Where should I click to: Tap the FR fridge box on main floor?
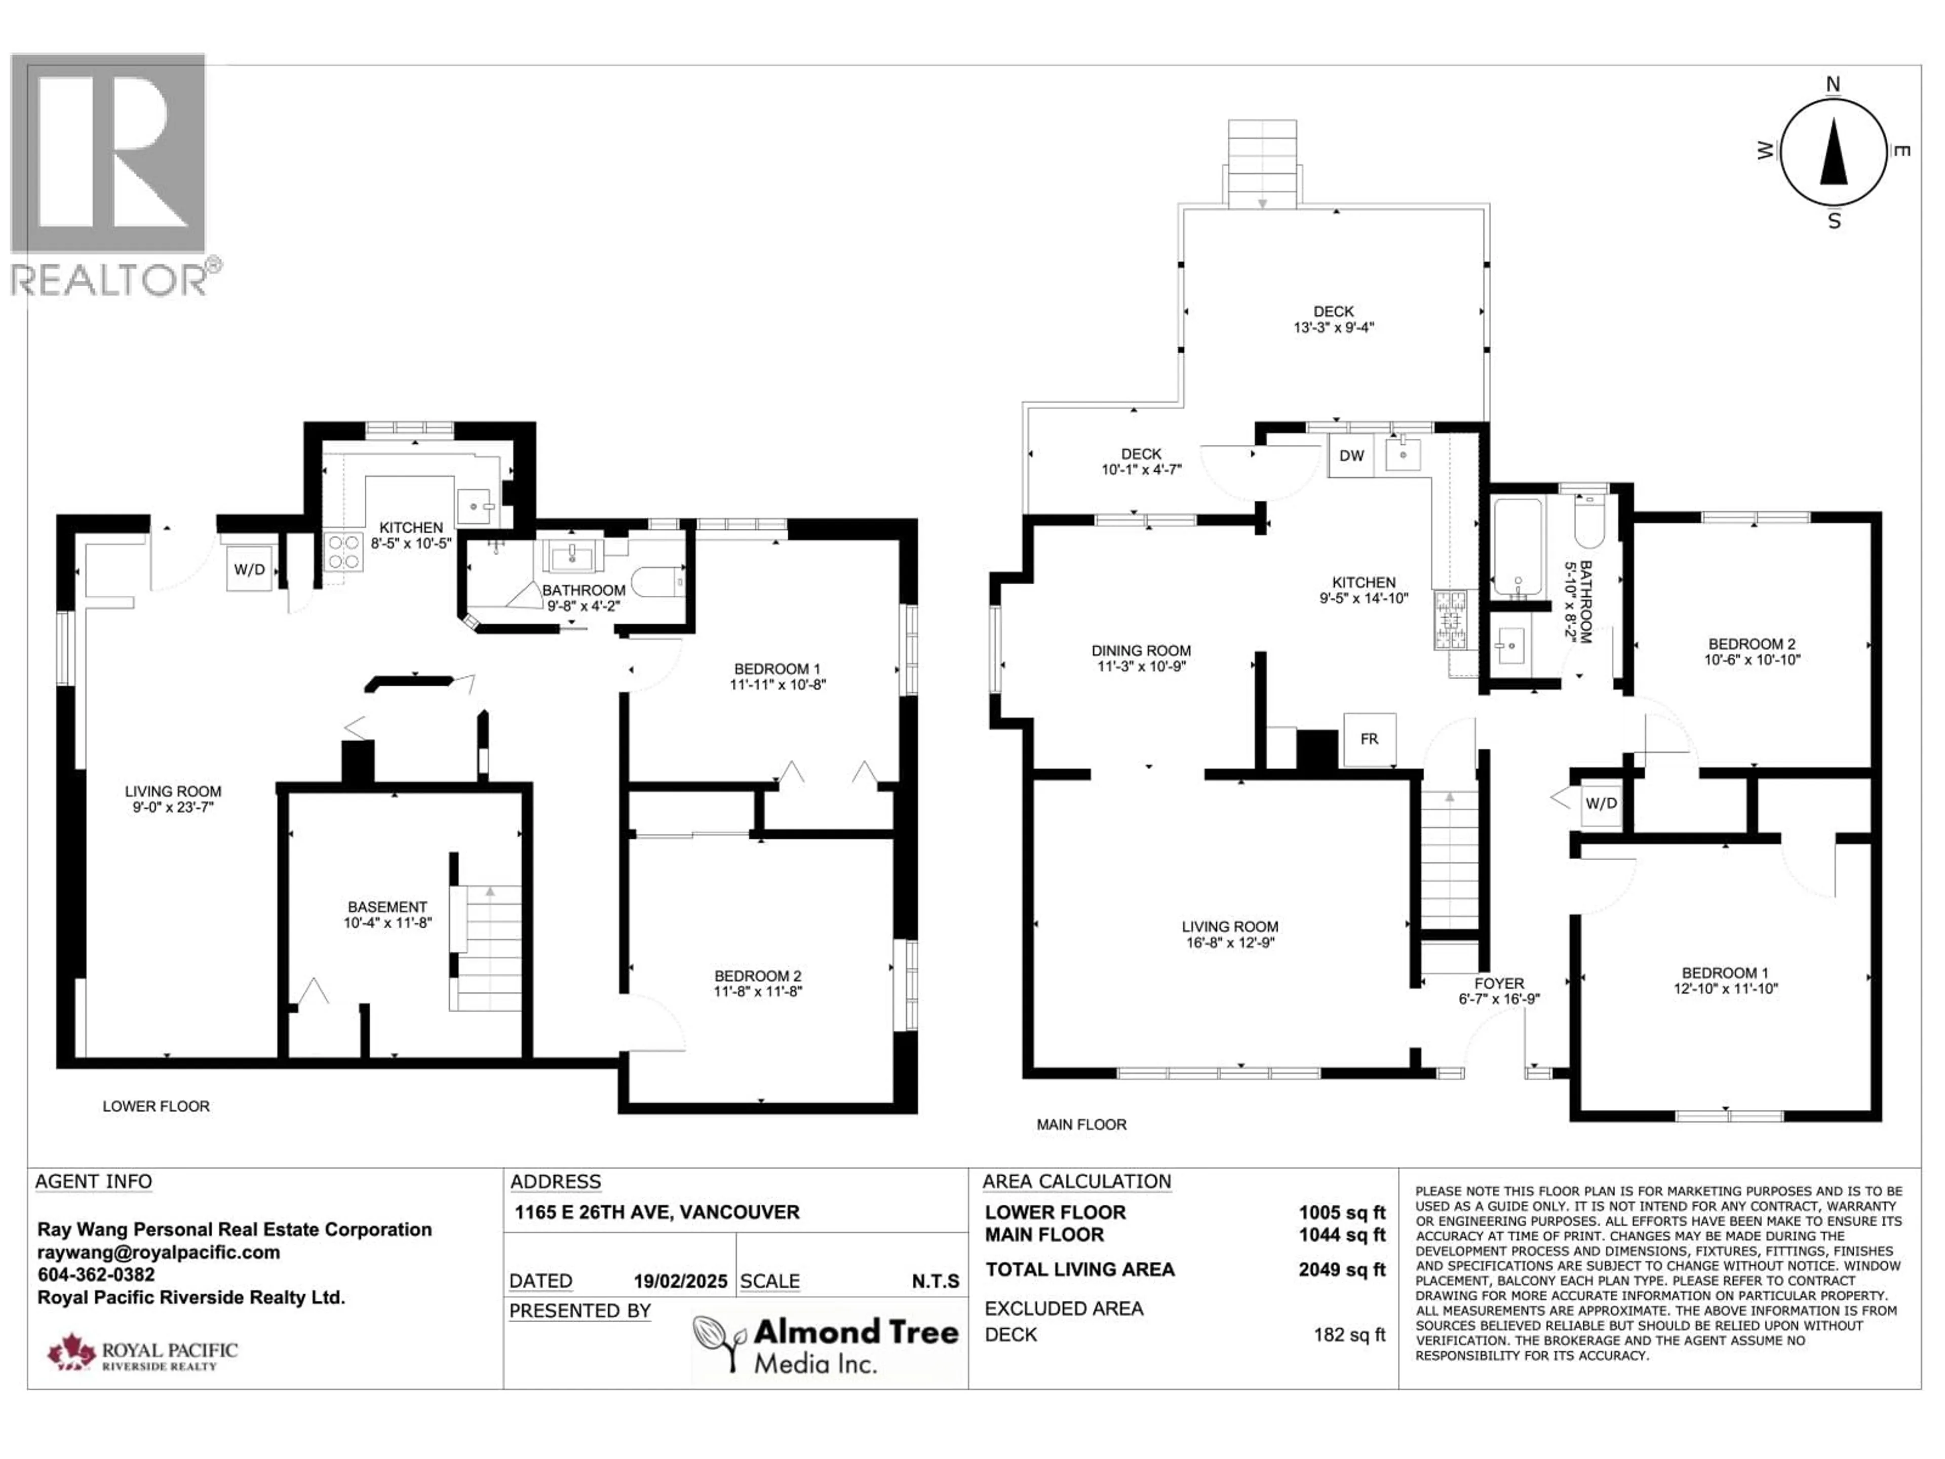click(1369, 740)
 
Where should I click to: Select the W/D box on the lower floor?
click(250, 569)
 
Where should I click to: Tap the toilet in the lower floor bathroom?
click(658, 581)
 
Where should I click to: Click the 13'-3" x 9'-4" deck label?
click(1333, 319)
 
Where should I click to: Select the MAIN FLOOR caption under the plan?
click(1081, 1124)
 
